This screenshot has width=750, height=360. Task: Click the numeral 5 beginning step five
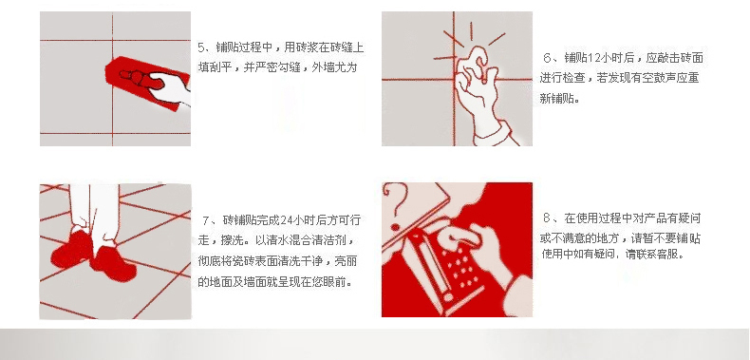[201, 47]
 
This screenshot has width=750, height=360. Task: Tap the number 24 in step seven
[286, 220]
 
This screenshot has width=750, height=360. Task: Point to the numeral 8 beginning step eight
[547, 218]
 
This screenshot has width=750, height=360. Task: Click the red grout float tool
[143, 83]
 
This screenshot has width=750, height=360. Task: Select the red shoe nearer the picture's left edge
[72, 249]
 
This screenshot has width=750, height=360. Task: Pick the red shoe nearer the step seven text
[114, 263]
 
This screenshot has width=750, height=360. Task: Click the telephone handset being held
[425, 266]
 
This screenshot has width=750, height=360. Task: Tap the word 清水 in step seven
[277, 240]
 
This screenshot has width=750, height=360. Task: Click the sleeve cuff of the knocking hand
[497, 133]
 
